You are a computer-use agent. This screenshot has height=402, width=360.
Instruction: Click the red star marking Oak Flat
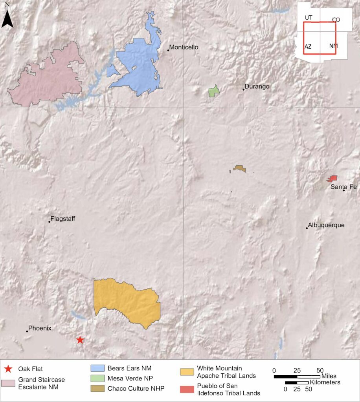pyautogui.click(x=80, y=340)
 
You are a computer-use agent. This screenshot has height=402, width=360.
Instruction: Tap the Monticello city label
pyautogui.click(x=184, y=48)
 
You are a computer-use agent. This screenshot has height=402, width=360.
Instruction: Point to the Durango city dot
pyautogui.click(x=244, y=90)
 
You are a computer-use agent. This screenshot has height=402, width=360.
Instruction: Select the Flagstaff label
pyautogui.click(x=63, y=219)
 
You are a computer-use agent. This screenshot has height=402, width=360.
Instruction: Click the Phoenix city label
pyautogui.click(x=40, y=328)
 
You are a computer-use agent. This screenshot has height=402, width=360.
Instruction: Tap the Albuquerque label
pyautogui.click(x=326, y=225)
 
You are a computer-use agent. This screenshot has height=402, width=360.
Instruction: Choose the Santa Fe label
pyautogui.click(x=343, y=186)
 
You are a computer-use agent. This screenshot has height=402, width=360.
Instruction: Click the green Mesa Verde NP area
pyautogui.click(x=214, y=92)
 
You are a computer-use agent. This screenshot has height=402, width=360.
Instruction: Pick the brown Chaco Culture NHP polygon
pyautogui.click(x=240, y=169)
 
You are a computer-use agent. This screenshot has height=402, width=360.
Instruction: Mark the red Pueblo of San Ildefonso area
pyautogui.click(x=333, y=179)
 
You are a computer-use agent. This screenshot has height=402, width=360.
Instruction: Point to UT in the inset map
pyautogui.click(x=309, y=18)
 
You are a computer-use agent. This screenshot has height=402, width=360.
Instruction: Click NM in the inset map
pyautogui.click(x=333, y=46)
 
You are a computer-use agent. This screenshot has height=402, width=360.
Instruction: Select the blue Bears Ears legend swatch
pyautogui.click(x=98, y=368)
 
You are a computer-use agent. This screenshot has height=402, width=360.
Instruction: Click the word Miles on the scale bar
pyautogui.click(x=329, y=376)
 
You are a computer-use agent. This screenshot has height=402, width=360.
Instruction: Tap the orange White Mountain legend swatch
pyautogui.click(x=187, y=371)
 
